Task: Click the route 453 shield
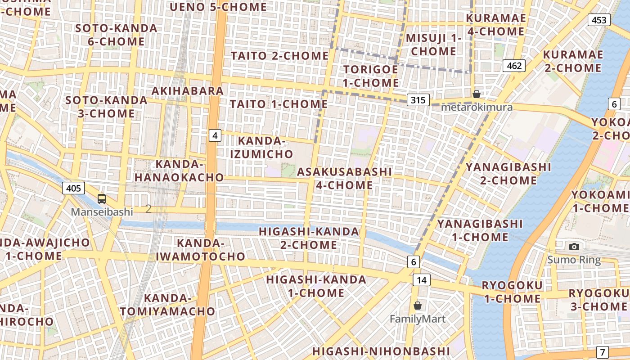tap(598, 20)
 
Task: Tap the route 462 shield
tap(514, 66)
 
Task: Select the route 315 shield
tap(418, 100)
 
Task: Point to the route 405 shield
tap(73, 188)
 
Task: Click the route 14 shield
tap(421, 280)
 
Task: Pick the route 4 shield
tap(215, 135)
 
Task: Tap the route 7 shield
tap(603, 352)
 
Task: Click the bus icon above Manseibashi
tap(102, 198)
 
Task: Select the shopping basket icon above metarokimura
tap(476, 94)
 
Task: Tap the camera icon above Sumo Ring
tap(574, 247)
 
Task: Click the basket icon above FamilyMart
tap(418, 306)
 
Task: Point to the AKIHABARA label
tap(188, 91)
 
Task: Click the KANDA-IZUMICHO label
tap(261, 147)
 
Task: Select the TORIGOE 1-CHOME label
tap(371, 76)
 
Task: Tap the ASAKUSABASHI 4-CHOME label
tap(344, 178)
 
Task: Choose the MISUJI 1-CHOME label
tap(434, 45)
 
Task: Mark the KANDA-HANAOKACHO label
tap(179, 171)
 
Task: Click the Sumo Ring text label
tap(574, 260)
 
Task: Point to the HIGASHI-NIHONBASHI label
tap(381, 351)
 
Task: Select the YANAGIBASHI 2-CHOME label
tap(508, 174)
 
